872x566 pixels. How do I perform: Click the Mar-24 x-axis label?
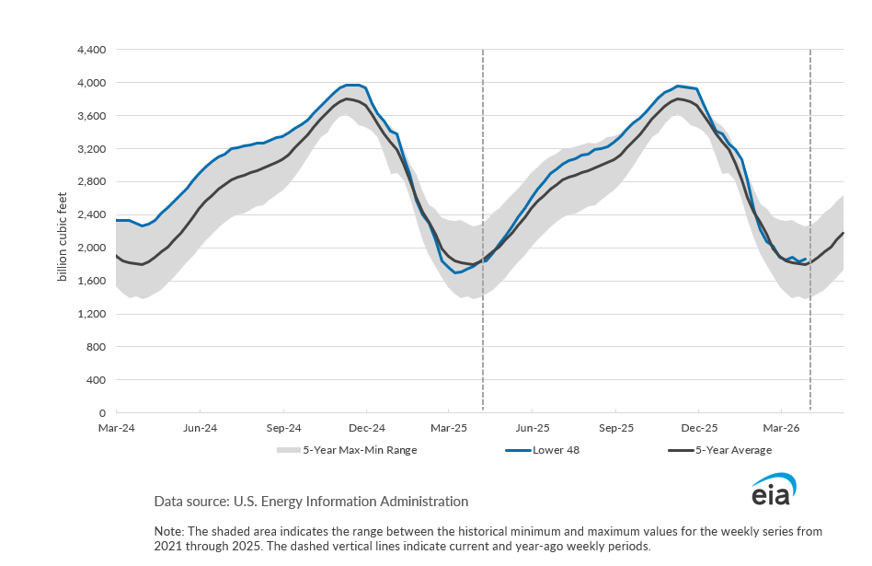[x=116, y=429]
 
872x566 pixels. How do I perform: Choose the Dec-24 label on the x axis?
[x=366, y=429]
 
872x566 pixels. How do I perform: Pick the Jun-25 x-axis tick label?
[x=533, y=429]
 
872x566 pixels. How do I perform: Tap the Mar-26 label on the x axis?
[x=781, y=429]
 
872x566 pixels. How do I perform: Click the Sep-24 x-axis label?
[x=283, y=429]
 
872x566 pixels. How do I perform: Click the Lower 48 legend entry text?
[x=556, y=450]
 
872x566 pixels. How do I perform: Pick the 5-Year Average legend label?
[x=733, y=450]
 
